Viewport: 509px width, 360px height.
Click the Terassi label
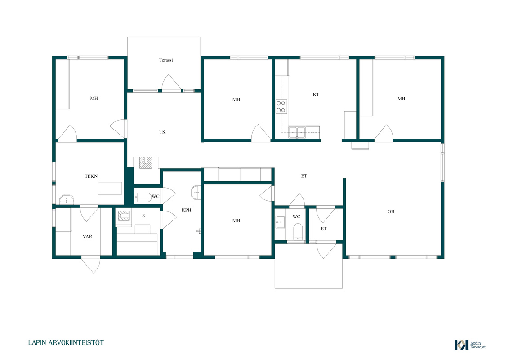(x=166, y=60)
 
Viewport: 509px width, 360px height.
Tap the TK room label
(x=162, y=132)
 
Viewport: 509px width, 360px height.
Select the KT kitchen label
(x=316, y=95)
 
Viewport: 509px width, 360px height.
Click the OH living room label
(x=391, y=212)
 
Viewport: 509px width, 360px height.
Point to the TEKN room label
(x=91, y=176)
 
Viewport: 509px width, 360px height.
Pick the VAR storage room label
(x=87, y=237)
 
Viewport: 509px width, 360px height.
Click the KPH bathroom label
(x=186, y=211)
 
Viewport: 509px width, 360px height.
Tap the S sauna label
(x=143, y=216)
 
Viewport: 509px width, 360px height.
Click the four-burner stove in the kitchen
(x=281, y=107)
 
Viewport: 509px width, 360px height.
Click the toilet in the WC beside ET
(x=298, y=231)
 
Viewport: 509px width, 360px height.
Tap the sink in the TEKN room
(x=67, y=199)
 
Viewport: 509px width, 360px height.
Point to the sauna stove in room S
(x=124, y=216)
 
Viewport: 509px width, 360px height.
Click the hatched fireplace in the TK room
(x=146, y=162)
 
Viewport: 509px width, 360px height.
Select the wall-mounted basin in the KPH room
(x=196, y=193)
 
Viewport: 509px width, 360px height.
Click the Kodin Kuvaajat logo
(x=470, y=345)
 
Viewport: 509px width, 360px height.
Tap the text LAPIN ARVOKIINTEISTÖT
(x=66, y=343)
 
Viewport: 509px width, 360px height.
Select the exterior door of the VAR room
(x=90, y=265)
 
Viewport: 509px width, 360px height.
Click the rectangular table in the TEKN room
(x=110, y=189)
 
